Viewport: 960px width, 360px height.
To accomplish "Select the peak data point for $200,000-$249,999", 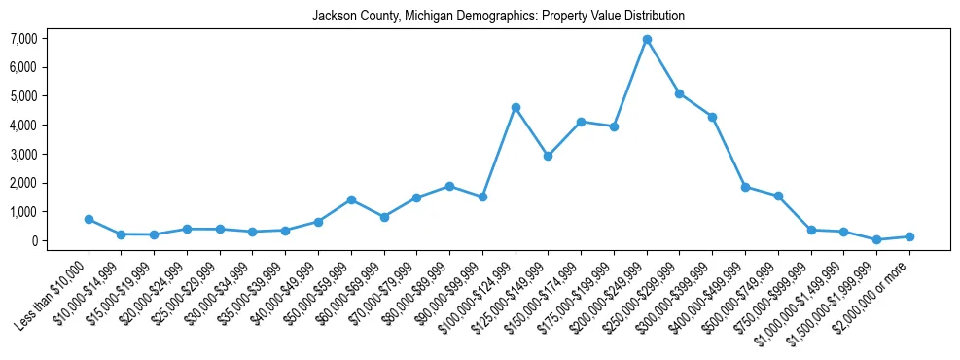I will tap(647, 40).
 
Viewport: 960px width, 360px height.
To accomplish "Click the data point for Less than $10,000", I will tap(89, 219).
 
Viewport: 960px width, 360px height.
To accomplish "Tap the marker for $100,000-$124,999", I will tap(516, 107).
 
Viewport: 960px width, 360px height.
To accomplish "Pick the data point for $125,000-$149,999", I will tap(549, 156).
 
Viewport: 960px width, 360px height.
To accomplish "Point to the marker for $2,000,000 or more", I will tap(909, 236).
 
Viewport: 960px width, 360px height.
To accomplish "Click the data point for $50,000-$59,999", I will tap(351, 199).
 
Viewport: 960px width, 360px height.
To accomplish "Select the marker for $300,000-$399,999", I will tap(712, 117).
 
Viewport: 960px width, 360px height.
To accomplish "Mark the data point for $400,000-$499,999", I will tap(745, 187).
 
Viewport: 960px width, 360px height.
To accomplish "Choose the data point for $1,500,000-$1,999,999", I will tap(876, 239).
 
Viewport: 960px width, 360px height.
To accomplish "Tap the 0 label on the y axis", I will tap(33, 241).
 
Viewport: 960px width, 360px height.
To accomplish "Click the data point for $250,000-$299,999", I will tap(680, 93).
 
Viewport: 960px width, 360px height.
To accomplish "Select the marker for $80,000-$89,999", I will tap(449, 186).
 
